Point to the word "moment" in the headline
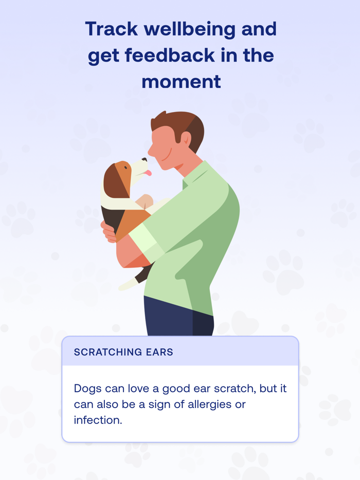pyautogui.click(x=181, y=81)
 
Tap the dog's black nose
pyautogui.click(x=145, y=160)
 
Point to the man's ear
pyautogui.click(x=186, y=139)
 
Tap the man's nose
pyautogui.click(x=150, y=150)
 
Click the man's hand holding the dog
pyautogui.click(x=109, y=232)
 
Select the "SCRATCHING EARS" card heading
pyautogui.click(x=123, y=352)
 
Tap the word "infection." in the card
pyautogui.click(x=98, y=420)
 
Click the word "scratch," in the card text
pyautogui.click(x=236, y=389)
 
